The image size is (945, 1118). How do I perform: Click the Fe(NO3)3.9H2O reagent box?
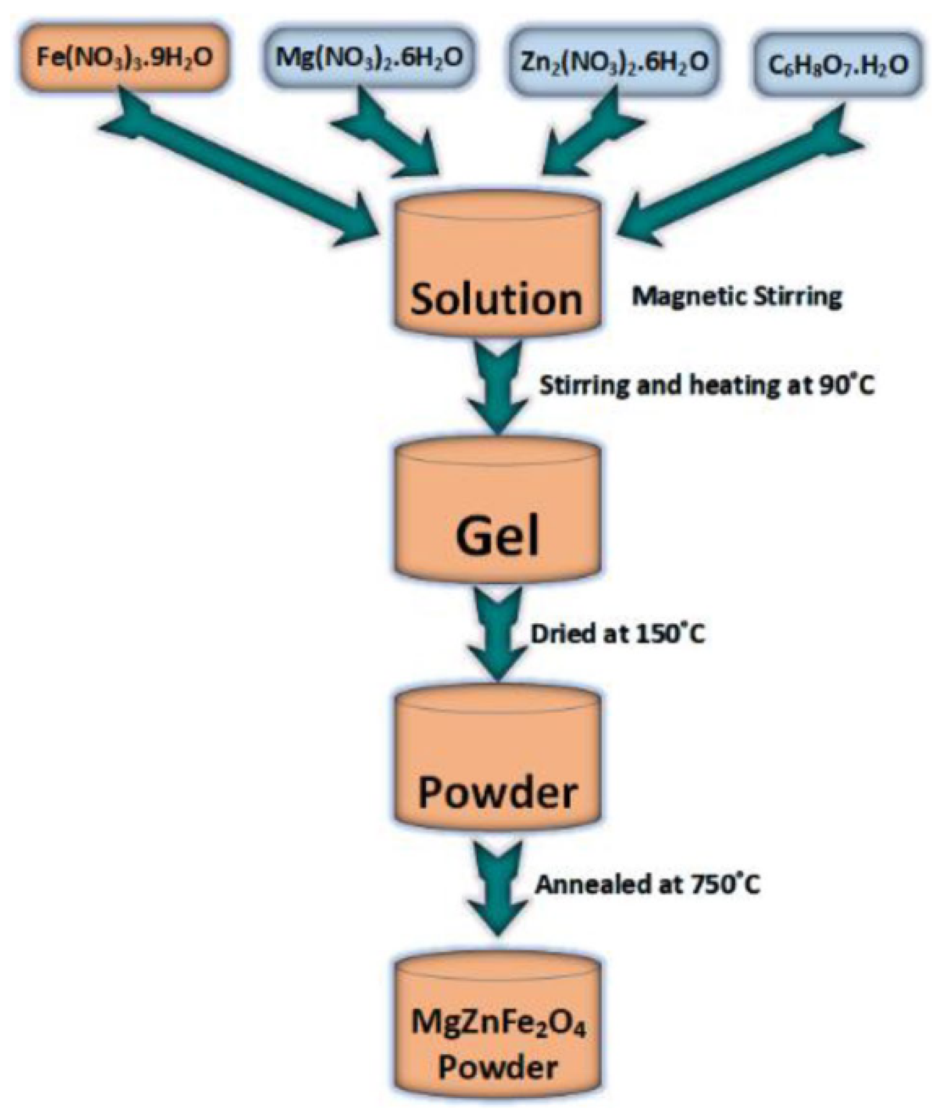coord(124,58)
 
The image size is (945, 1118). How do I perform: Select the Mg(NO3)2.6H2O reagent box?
coord(369,58)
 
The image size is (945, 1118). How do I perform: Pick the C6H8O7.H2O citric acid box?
coord(839,64)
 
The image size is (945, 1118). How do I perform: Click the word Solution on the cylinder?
coord(496,298)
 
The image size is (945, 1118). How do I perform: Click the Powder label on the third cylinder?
coord(497,793)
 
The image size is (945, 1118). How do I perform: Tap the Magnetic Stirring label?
coord(737,297)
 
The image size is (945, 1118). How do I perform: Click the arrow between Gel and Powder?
coord(497,636)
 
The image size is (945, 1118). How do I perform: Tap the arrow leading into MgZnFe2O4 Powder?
coord(497,889)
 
